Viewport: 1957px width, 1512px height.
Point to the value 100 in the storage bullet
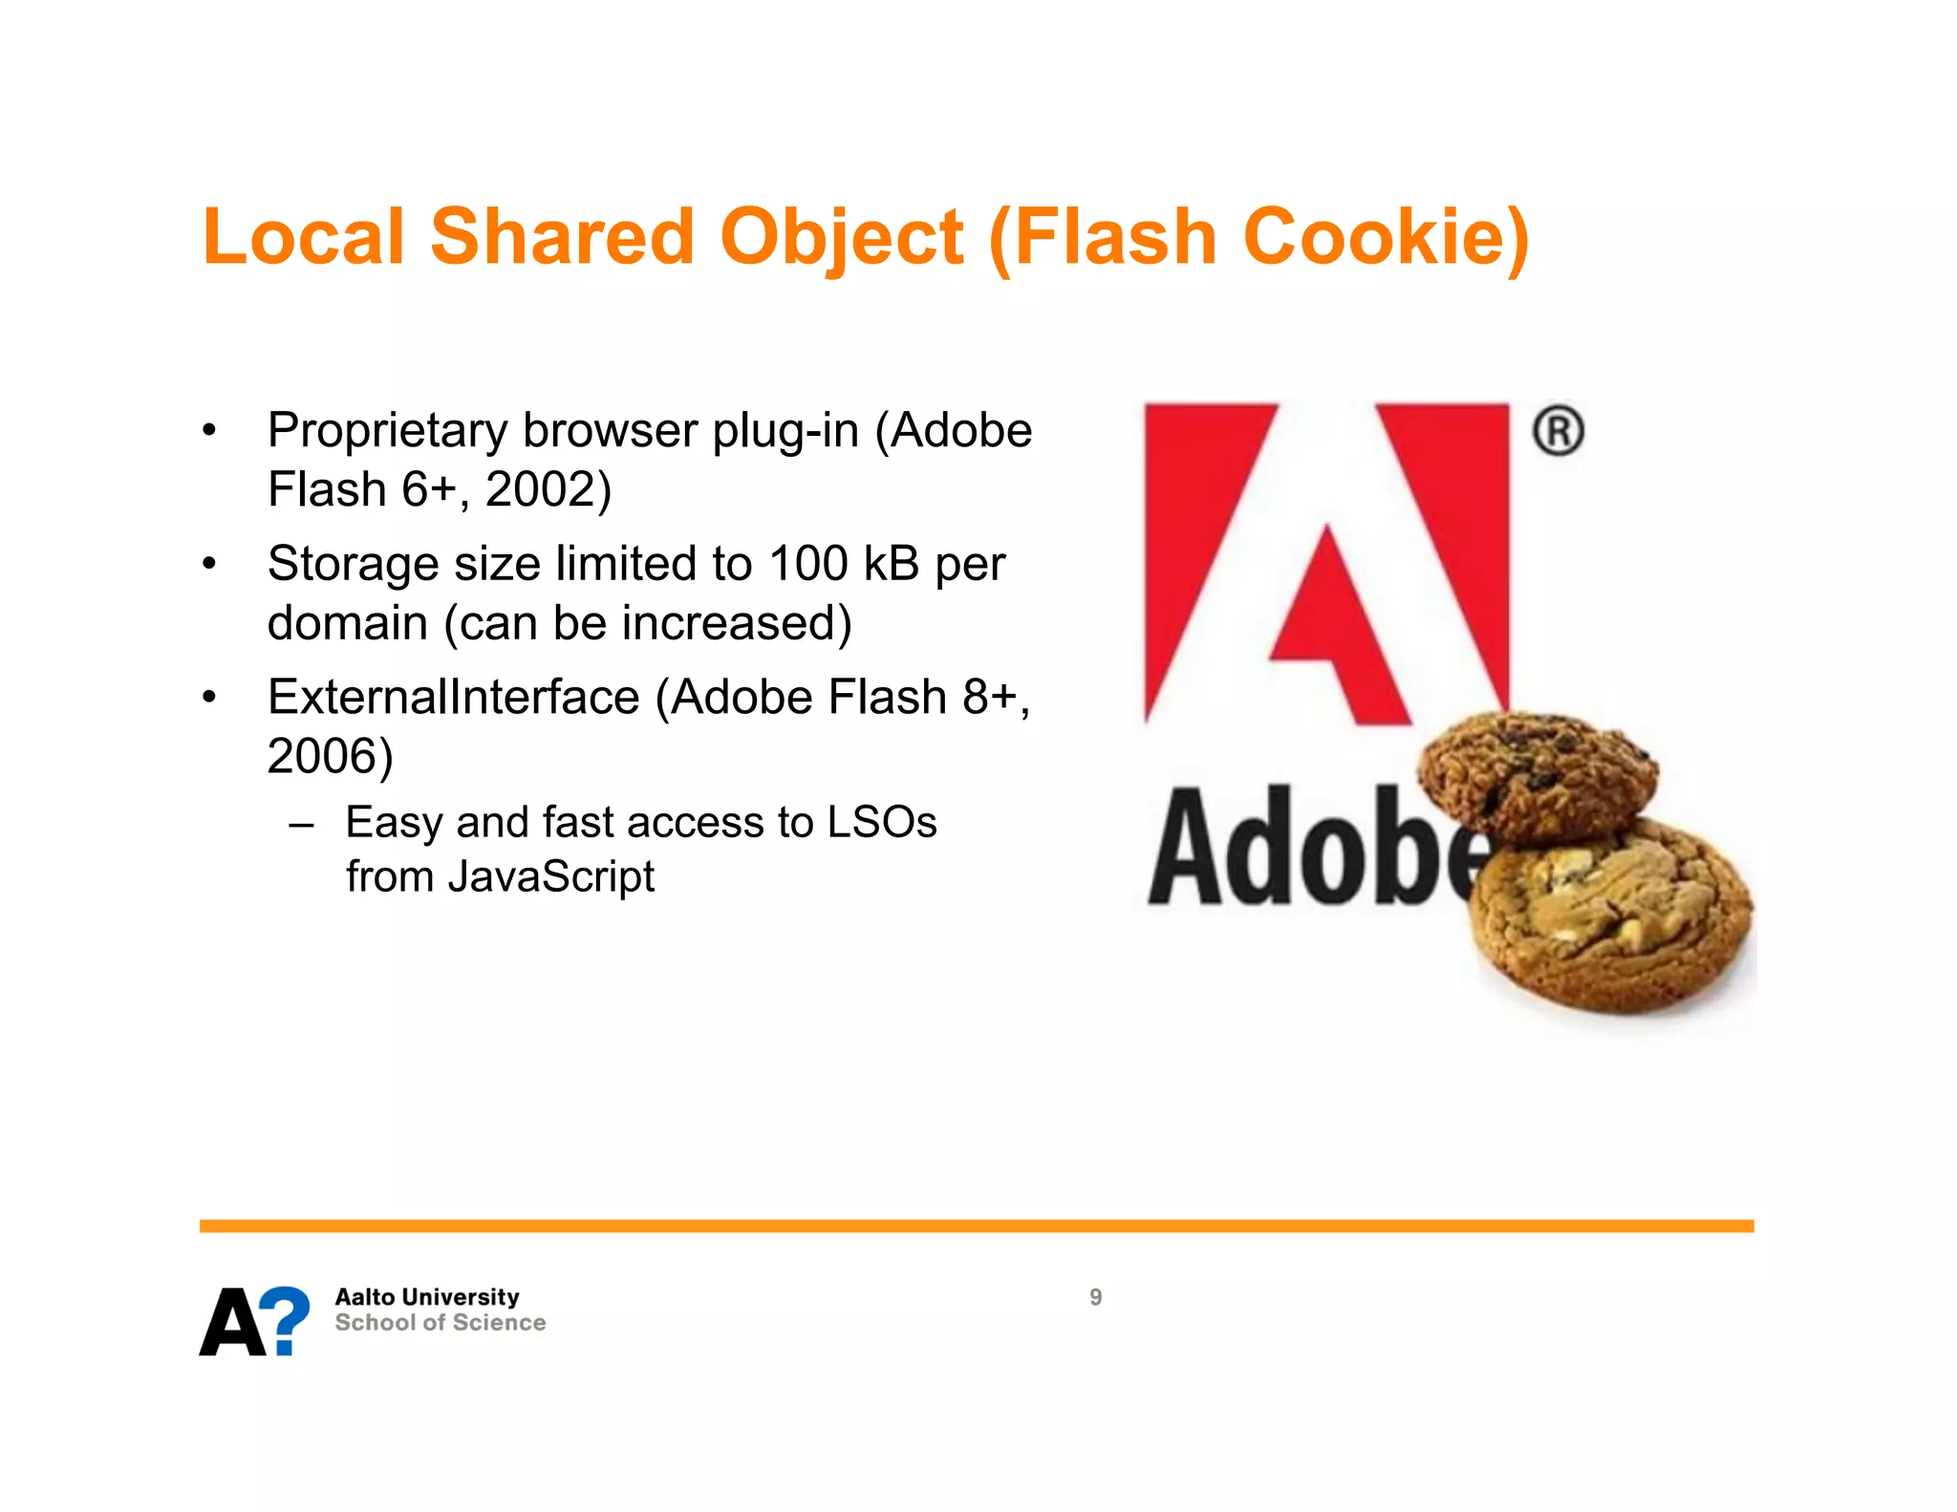[808, 564]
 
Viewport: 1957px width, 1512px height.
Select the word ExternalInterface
[453, 697]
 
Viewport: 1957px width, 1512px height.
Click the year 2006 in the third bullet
[322, 756]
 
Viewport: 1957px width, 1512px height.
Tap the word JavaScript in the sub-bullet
[550, 876]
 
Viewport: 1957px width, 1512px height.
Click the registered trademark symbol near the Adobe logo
[1558, 431]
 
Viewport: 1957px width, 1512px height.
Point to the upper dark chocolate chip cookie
[1537, 774]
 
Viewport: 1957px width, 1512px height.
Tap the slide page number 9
[1095, 1297]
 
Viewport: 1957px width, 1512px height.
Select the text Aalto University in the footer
[426, 1297]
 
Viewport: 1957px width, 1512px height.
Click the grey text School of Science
[440, 1323]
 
